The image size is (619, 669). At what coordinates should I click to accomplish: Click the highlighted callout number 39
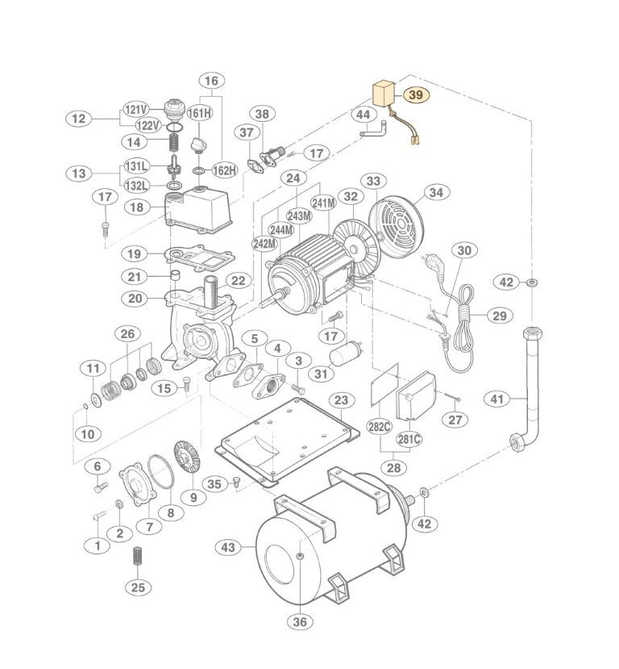415,94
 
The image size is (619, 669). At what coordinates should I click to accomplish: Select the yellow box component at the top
383,94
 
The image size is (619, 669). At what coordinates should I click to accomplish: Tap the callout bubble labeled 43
228,547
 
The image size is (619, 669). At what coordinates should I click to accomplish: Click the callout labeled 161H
200,113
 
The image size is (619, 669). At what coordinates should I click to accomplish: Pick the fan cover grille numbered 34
396,224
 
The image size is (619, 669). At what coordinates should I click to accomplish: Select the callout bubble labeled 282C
379,427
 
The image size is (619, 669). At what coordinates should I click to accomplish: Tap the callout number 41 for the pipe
497,399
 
